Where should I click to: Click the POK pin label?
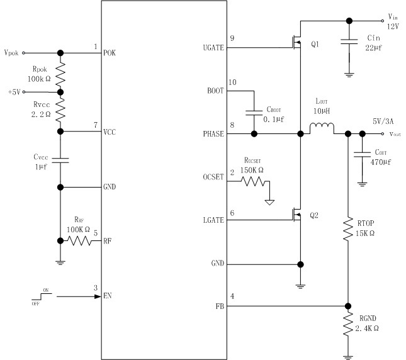110,53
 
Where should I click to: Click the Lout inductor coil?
322,131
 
